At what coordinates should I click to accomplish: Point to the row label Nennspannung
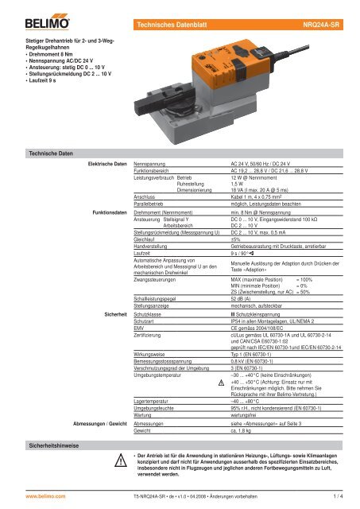pyautogui.click(x=152, y=162)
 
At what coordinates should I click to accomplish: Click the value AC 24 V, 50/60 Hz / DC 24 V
pyautogui.click(x=262, y=162)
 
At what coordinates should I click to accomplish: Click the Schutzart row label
pyautogui.click(x=148, y=321)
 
